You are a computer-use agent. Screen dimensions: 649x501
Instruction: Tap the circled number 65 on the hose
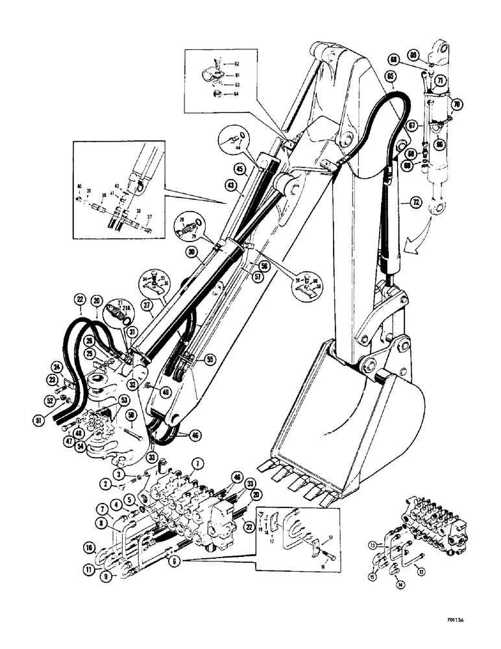click(x=391, y=76)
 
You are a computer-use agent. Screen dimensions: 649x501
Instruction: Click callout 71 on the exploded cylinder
click(x=439, y=81)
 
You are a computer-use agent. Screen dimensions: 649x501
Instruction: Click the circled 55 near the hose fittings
click(x=210, y=358)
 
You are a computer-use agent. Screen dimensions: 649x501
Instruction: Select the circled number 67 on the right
click(x=411, y=124)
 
